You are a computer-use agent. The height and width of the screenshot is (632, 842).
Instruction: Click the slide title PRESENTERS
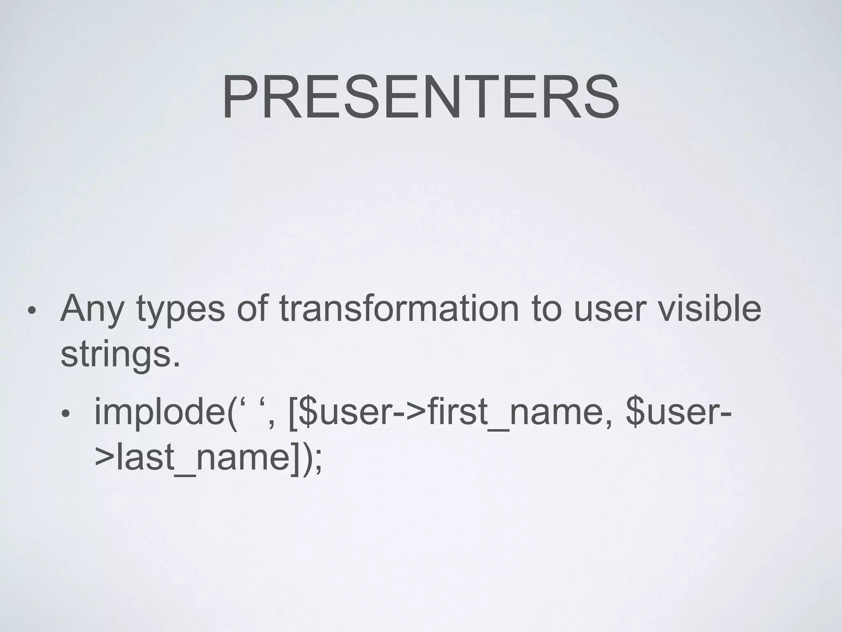(421, 98)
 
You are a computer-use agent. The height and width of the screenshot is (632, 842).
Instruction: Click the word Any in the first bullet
(91, 309)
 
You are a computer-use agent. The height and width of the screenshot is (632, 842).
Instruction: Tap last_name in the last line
(204, 458)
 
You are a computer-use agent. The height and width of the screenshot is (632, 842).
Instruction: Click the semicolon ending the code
(317, 461)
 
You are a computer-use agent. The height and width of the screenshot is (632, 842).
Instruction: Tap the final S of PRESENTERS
(599, 98)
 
